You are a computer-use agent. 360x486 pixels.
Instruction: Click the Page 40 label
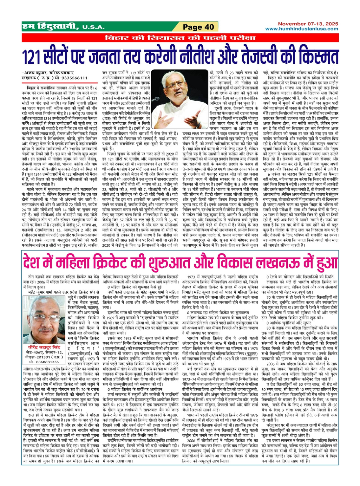coord(199,27)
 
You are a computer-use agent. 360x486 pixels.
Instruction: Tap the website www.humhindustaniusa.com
coord(302,29)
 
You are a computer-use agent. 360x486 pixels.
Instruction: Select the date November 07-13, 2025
coord(308,24)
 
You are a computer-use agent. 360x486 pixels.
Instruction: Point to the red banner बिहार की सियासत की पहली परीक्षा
coord(180,38)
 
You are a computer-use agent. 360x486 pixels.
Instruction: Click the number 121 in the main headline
coord(33,56)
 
